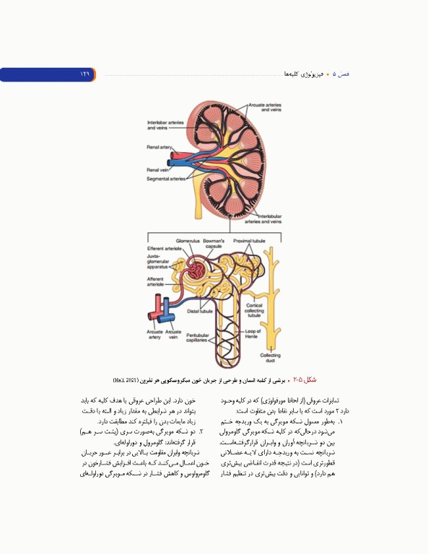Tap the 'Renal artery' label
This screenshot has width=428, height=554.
tap(159, 146)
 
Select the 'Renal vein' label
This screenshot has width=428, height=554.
tap(157, 170)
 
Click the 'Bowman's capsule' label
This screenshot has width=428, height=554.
tap(214, 243)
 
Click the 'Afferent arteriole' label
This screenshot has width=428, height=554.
tap(155, 281)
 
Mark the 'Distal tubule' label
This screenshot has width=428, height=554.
tap(198, 311)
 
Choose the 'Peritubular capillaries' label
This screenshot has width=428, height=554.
tap(197, 337)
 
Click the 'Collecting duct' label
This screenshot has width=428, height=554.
tap(270, 357)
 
